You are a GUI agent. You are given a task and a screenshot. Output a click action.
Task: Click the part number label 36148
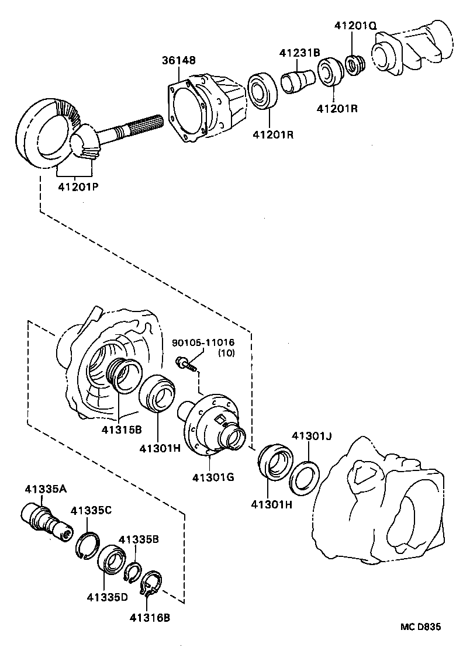point(179,60)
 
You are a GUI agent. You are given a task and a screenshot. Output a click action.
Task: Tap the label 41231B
point(299,52)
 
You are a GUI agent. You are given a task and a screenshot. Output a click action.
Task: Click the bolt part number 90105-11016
point(202,342)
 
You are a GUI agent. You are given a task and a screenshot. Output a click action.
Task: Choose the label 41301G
point(213,477)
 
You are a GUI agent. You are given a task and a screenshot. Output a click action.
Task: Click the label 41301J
point(312,436)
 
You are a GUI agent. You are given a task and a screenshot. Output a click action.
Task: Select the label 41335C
point(91,510)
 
